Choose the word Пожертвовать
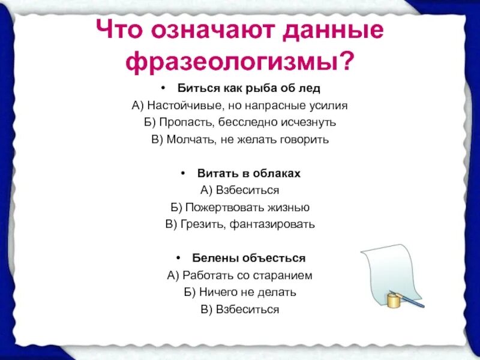coord(218,207)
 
